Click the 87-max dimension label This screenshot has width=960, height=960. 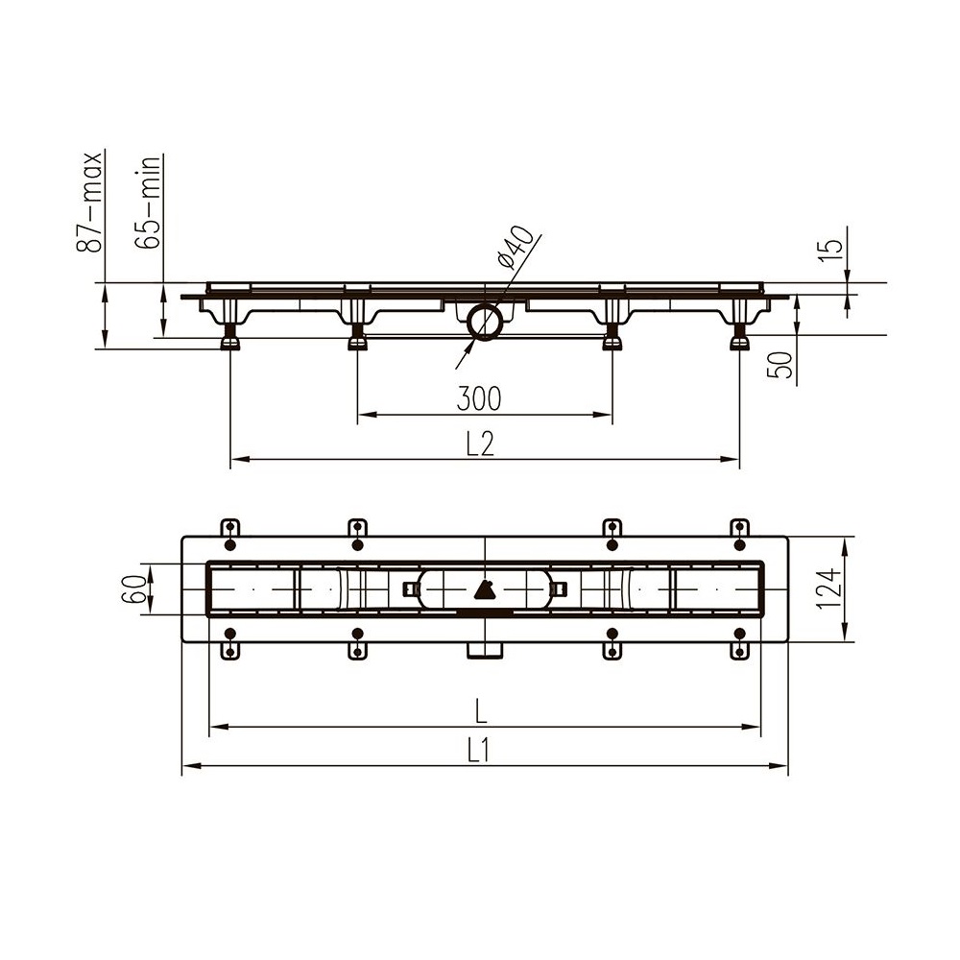point(88,202)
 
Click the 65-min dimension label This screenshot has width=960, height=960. point(147,202)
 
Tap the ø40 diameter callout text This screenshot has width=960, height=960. point(515,247)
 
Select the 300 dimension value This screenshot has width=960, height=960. point(479,398)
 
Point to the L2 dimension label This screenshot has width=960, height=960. point(480,444)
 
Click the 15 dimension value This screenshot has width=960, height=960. point(830,251)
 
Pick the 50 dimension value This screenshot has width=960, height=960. point(780,365)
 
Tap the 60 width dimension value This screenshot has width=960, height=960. point(134,589)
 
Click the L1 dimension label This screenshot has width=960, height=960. point(479,751)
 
